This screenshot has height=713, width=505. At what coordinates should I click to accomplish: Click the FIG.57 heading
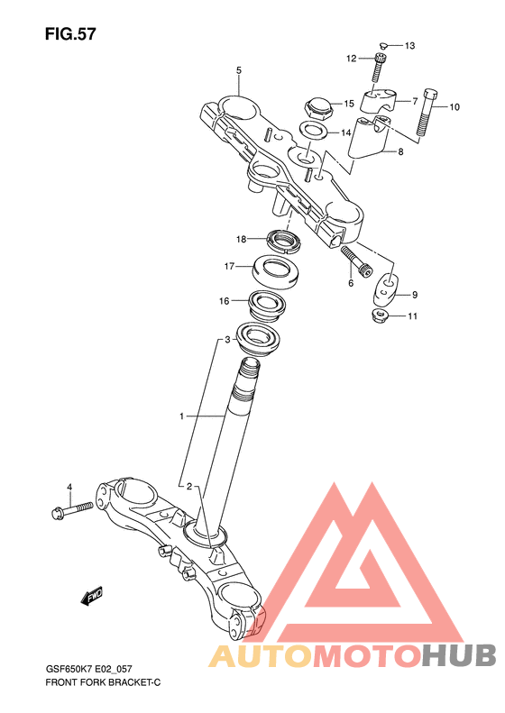click(x=70, y=34)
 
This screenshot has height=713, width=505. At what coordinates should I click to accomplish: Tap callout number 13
click(x=409, y=45)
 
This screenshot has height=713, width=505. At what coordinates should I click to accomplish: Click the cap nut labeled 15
click(x=318, y=108)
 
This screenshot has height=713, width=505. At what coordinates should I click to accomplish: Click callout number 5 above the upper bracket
click(x=239, y=70)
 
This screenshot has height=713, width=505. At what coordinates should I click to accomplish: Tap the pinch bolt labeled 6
click(x=356, y=261)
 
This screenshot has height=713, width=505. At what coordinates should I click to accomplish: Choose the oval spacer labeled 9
click(x=386, y=291)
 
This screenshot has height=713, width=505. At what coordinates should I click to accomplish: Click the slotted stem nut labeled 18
click(x=282, y=241)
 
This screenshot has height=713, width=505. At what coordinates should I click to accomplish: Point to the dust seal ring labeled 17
click(x=275, y=272)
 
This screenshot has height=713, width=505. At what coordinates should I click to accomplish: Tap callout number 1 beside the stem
click(x=181, y=416)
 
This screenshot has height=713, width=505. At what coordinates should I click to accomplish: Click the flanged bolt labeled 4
click(x=72, y=510)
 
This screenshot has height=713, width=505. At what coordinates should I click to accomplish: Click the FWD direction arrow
click(x=92, y=597)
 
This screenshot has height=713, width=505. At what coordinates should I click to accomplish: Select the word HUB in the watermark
click(x=459, y=655)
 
